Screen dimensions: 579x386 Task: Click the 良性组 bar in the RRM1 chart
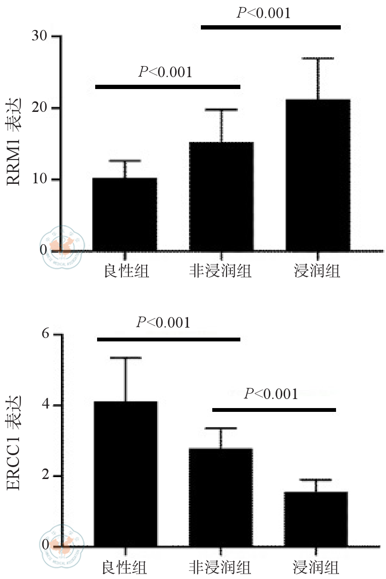[125, 214]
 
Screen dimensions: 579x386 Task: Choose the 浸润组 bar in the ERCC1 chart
[316, 519]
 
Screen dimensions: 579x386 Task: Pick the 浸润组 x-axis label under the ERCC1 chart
[316, 568]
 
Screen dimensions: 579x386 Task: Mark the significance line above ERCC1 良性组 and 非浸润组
[169, 339]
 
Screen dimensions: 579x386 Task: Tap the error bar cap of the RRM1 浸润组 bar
[318, 59]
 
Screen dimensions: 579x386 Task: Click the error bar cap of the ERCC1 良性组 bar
[126, 358]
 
